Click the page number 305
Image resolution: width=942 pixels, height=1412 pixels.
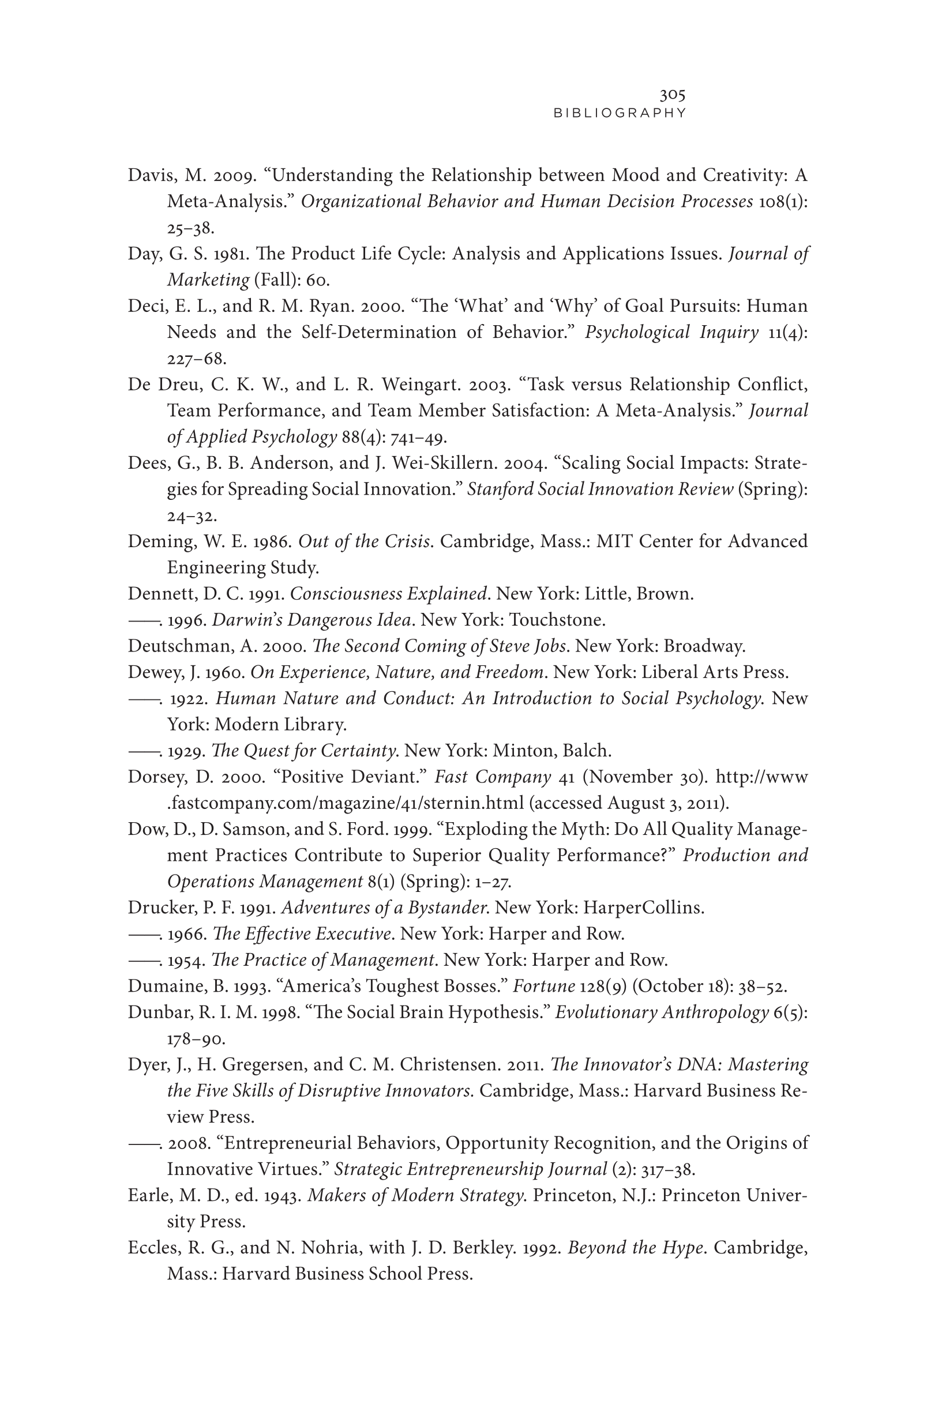[672, 95]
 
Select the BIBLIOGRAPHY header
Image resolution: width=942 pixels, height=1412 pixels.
[620, 113]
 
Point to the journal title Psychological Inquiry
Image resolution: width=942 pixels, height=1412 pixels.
[671, 332]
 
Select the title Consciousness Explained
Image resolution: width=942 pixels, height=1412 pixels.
[388, 594]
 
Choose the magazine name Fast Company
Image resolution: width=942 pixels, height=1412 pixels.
[492, 777]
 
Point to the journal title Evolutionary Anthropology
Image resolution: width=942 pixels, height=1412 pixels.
[662, 1012]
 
